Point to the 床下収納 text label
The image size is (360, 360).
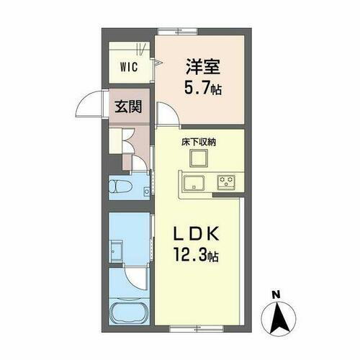[198, 143]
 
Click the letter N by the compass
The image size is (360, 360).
[276, 295]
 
